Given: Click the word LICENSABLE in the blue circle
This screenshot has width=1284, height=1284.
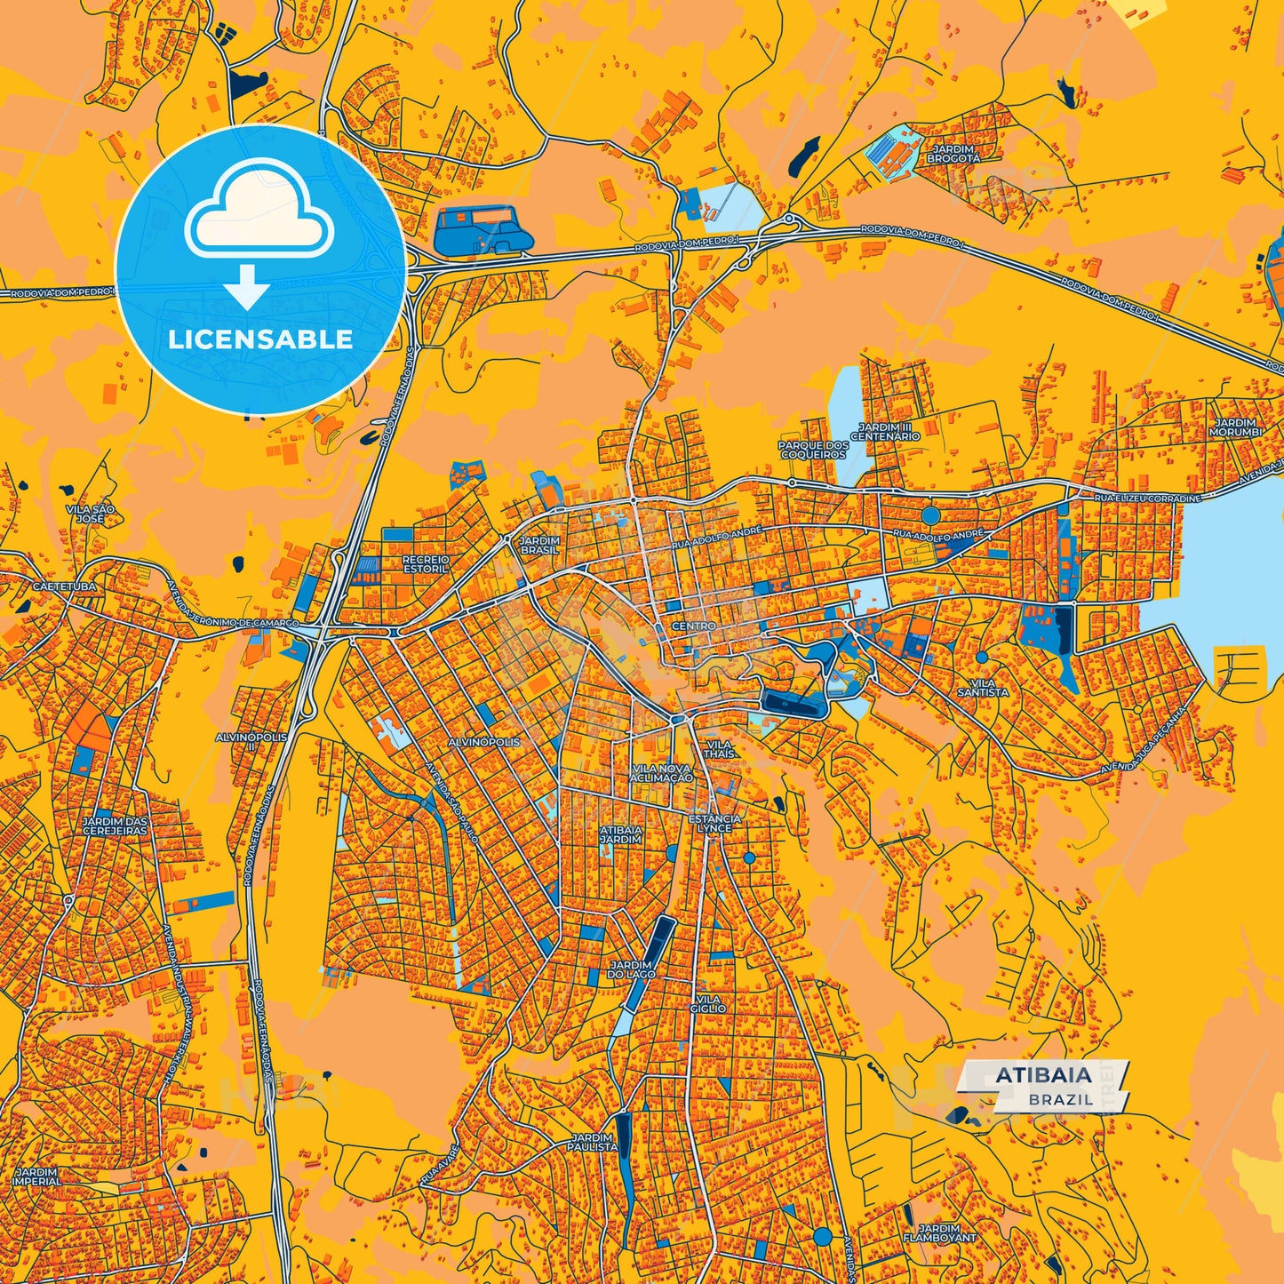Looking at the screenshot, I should [x=260, y=339].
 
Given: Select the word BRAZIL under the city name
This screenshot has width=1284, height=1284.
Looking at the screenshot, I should [x=1061, y=1099].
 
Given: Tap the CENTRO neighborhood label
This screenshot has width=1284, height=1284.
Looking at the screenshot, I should [x=694, y=626].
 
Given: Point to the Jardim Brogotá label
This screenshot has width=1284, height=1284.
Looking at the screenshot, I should [x=953, y=154].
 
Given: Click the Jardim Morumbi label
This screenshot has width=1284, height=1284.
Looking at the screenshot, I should [x=1235, y=427].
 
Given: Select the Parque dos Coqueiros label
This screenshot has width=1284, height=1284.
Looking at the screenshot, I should [x=812, y=450].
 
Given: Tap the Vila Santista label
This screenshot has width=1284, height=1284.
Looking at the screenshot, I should [x=983, y=687].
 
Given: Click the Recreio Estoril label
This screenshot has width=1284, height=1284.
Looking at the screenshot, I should [x=426, y=563].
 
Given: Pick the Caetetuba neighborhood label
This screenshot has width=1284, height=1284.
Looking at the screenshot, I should [x=63, y=587].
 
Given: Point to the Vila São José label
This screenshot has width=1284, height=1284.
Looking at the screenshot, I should [x=90, y=514].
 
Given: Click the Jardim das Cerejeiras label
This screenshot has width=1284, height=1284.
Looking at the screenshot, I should [x=115, y=826].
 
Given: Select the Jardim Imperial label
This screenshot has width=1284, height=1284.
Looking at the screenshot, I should [x=36, y=1176].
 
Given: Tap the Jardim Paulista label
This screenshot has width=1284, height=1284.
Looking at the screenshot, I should [x=593, y=1142].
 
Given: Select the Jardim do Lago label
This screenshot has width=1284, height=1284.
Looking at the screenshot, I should [x=632, y=969].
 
